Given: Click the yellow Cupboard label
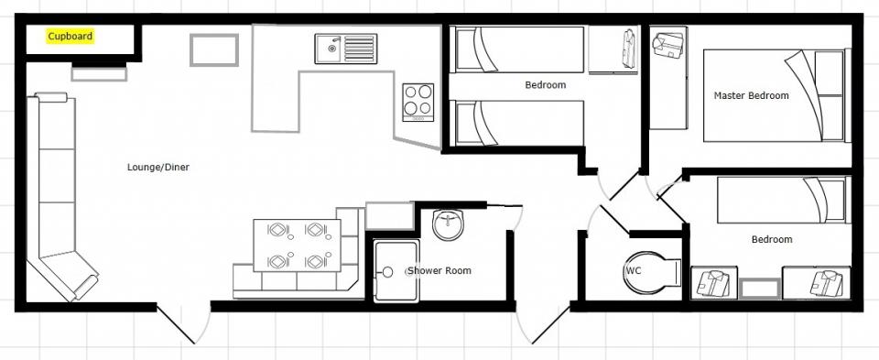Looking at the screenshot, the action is tap(71, 37).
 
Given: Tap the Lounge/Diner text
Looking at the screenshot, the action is tap(158, 167).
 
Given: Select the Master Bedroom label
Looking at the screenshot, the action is tap(751, 96).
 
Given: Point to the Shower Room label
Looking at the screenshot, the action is tap(439, 271).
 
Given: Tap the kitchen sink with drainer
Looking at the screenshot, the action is tap(346, 49).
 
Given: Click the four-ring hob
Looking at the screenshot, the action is tap(418, 102).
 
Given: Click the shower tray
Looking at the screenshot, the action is tap(396, 271).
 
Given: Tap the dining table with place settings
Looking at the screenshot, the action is tap(297, 245).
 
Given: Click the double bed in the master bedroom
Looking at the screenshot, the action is tap(775, 95).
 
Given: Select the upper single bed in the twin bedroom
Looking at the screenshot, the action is tap(518, 49).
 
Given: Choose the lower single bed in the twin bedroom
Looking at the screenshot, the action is tap(518, 123).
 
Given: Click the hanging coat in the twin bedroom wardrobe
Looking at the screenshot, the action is tap(628, 49).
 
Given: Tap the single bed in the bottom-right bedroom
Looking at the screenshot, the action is tap(781, 201).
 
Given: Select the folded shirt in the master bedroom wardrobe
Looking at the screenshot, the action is tap(668, 46).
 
